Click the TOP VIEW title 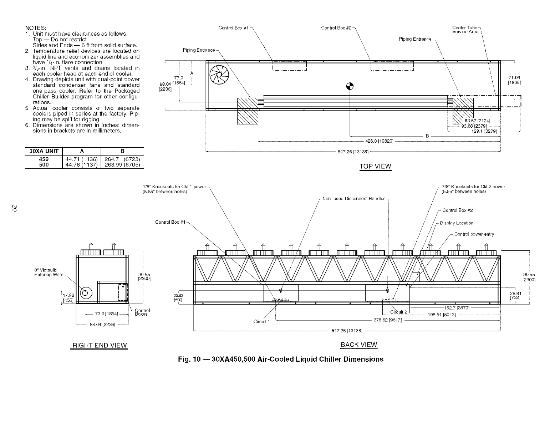[376, 166]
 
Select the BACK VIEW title [359, 345]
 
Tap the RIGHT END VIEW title [100, 345]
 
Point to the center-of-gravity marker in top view [350, 86]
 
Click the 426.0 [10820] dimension [380, 141]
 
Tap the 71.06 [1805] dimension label [514, 80]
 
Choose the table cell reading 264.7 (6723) [123, 159]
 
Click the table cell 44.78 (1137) [82, 165]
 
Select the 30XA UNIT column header [43, 151]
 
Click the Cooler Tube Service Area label [465, 30]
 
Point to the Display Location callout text [457, 223]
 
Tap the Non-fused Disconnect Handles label [354, 199]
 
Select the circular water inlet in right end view [85, 293]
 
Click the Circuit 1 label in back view [261, 322]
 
